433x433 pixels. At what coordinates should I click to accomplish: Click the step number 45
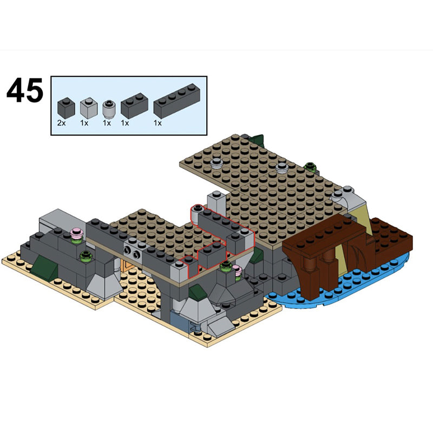(x=25, y=90)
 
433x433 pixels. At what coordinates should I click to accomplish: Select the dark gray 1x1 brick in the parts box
(x=66, y=108)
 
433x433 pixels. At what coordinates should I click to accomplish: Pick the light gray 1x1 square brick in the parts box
(x=89, y=108)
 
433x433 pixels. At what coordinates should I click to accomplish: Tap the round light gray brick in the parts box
(x=109, y=109)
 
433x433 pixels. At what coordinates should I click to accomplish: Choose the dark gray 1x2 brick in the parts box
(x=134, y=106)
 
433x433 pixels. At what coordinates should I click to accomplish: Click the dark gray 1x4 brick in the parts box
(x=177, y=101)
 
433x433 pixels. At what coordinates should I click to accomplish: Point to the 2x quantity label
(x=61, y=123)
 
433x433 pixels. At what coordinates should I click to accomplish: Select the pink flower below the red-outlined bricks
(x=237, y=269)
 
